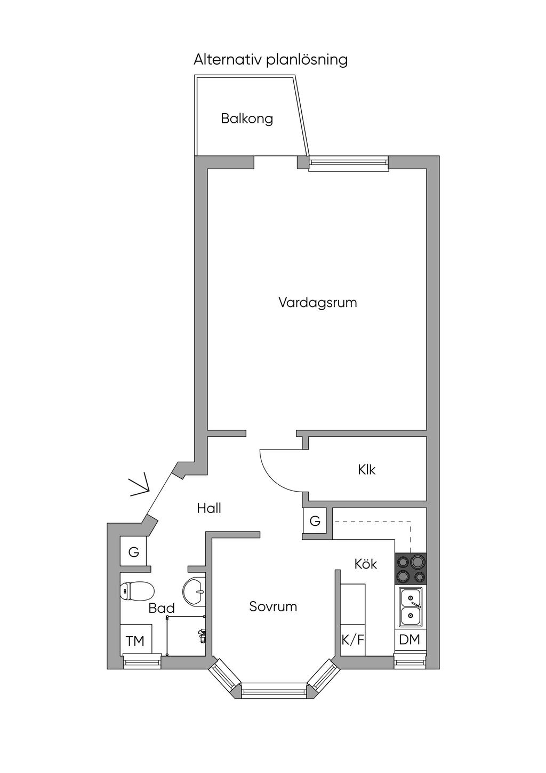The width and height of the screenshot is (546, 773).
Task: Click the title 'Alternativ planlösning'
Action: pos(270,60)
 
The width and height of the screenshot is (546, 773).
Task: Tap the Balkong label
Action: pos(247,119)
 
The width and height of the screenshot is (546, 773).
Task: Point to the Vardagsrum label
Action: pos(317,303)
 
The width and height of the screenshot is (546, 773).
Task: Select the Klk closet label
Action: pos(366,470)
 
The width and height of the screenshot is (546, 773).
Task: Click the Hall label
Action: pos(209,508)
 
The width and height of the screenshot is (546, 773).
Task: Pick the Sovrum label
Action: pos(273,606)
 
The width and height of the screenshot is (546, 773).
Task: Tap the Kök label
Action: pos(366,564)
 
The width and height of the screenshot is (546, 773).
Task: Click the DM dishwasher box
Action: pos(410,640)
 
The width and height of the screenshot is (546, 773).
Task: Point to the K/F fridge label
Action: pos(353,640)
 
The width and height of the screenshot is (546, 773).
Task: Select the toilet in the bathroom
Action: pos(137,590)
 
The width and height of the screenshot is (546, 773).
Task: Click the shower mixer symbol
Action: pos(202,636)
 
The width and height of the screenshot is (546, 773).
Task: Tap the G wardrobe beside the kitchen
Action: pos(315,520)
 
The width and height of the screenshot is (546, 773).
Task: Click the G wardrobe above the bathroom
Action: pos(133,552)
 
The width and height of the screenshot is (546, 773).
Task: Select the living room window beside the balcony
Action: pos(348,163)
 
